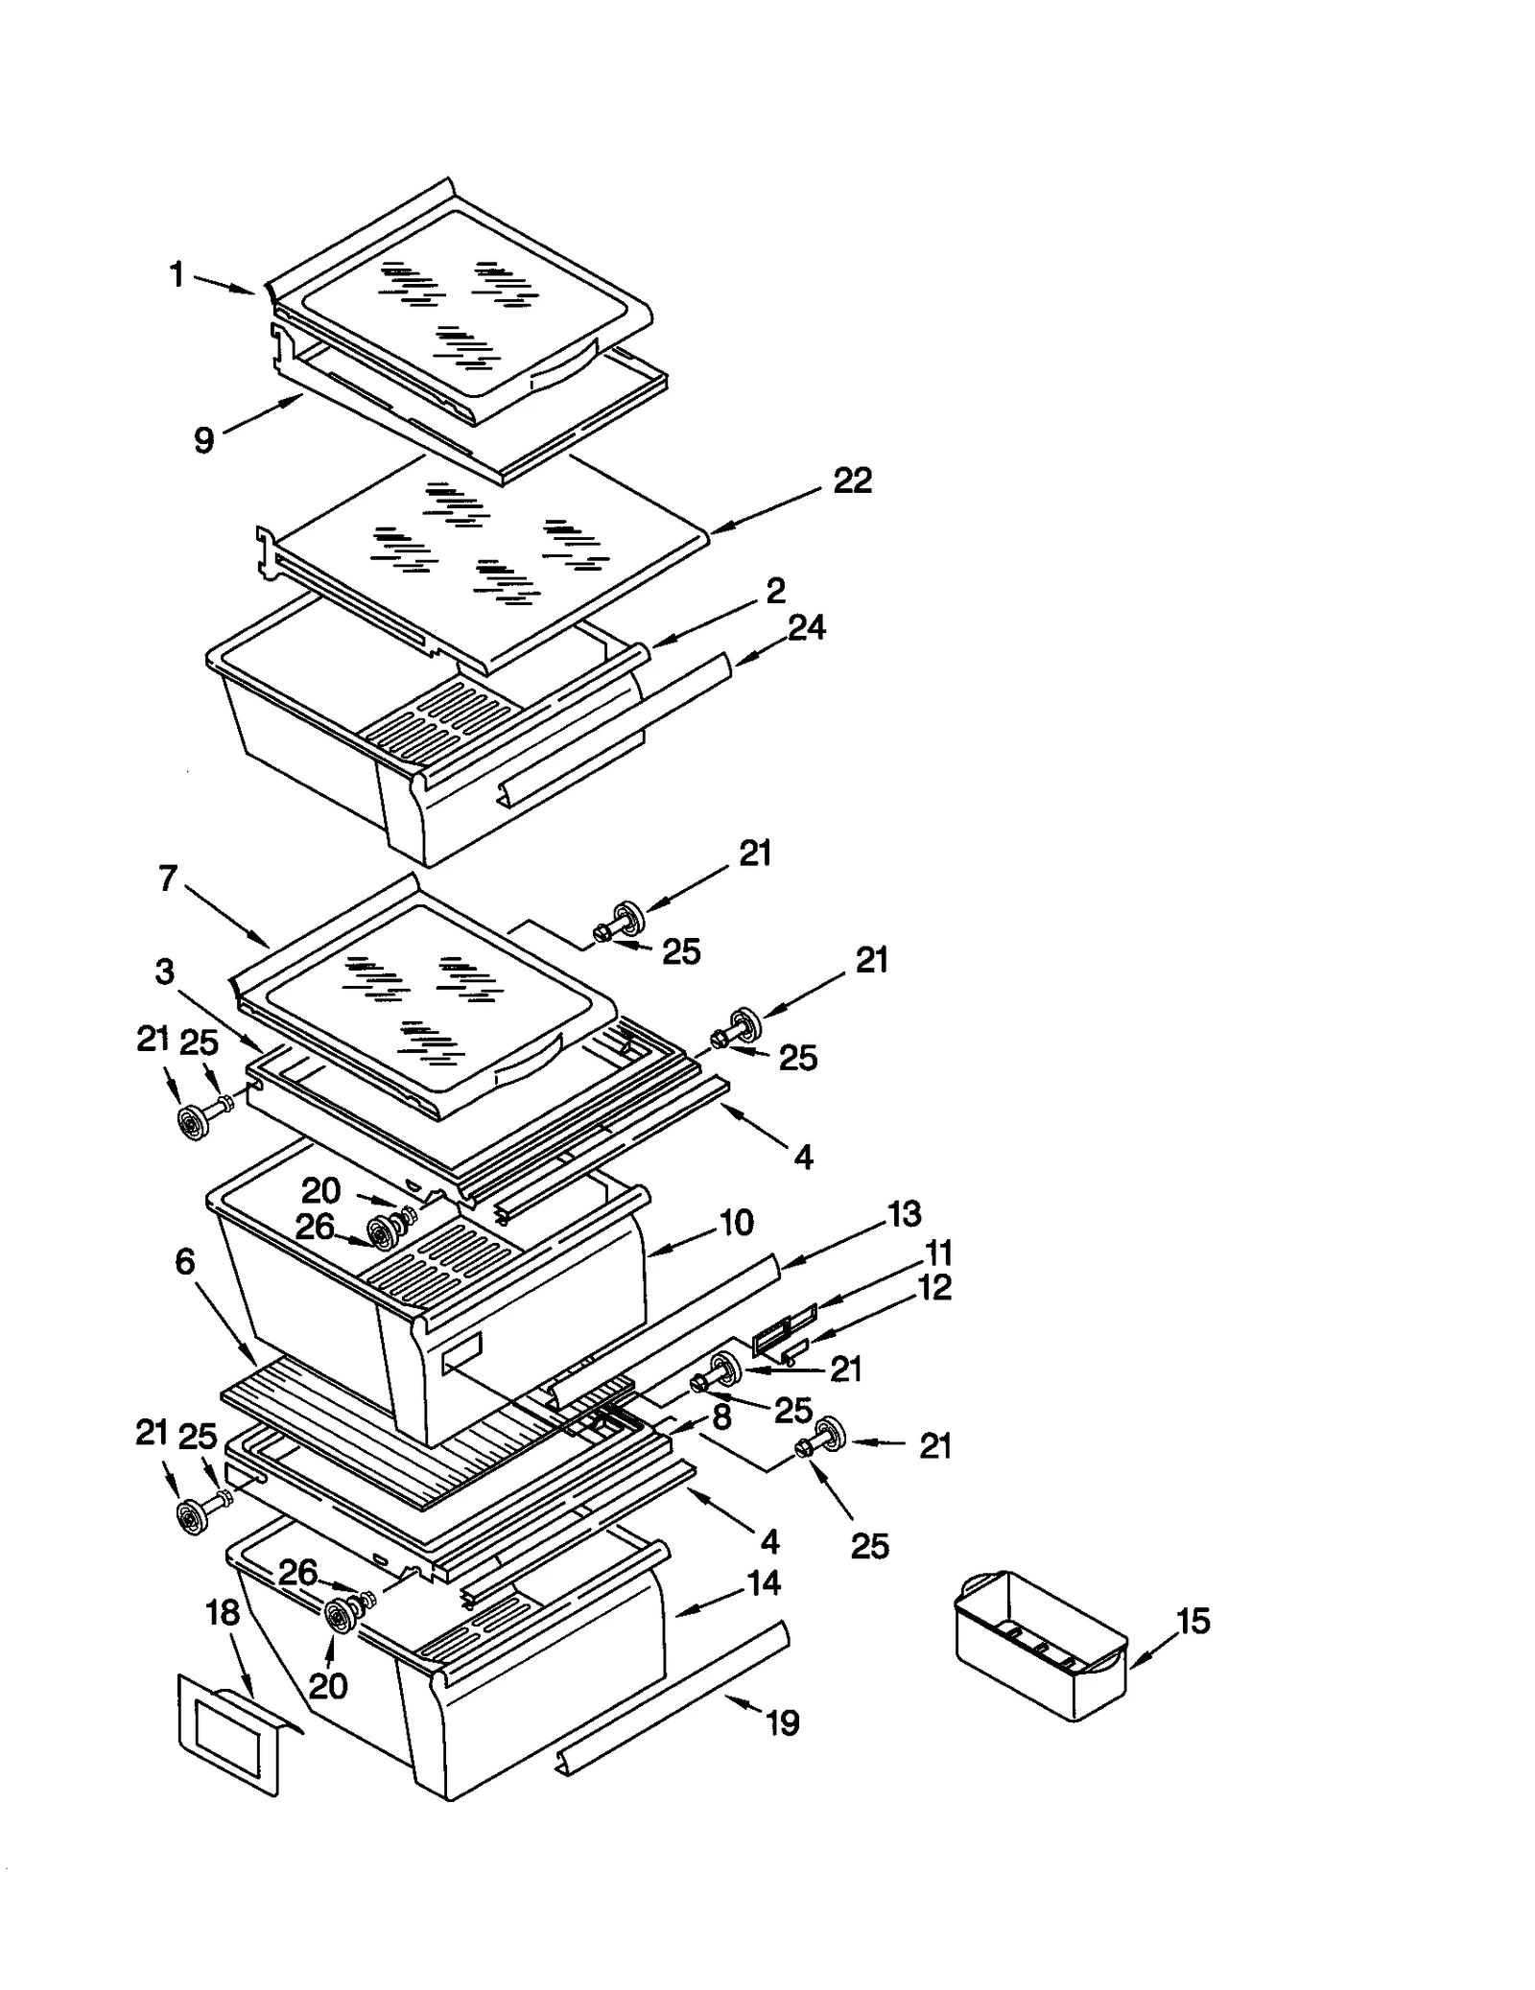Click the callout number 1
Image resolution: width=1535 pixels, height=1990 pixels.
177,275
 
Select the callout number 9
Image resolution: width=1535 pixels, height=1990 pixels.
203,440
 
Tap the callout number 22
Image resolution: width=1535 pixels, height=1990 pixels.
852,480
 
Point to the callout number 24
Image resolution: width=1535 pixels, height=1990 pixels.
806,628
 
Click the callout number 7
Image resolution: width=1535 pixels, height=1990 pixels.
169,878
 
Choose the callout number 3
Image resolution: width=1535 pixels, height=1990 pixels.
165,972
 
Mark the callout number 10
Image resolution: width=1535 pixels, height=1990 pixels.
736,1223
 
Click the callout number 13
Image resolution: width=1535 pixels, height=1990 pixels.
904,1214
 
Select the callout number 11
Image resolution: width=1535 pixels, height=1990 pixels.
938,1253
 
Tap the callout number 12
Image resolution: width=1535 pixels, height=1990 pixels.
934,1287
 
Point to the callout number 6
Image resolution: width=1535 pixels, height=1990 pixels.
185,1262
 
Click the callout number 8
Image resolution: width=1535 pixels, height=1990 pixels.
721,1416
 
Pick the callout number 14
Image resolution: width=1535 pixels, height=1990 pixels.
764,1582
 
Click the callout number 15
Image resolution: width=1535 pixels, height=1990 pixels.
1193,1621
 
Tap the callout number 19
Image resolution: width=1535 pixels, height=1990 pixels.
783,1723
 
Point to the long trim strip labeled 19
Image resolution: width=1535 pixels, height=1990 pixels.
672,1697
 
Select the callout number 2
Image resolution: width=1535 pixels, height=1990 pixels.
775,590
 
